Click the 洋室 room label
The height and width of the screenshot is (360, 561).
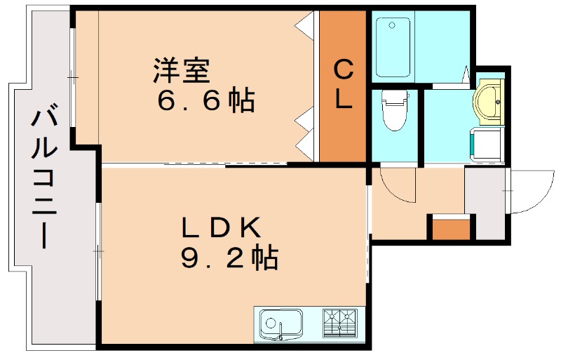182,70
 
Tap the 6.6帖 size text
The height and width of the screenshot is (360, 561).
205,100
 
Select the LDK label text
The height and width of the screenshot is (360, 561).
221,227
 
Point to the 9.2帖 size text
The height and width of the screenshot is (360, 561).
229,257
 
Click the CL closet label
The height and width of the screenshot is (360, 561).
344,84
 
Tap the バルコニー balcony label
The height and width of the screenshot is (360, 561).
45,175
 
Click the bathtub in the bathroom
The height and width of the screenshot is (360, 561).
393,47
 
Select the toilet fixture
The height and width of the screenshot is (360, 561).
395,110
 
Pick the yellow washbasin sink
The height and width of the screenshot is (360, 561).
488,101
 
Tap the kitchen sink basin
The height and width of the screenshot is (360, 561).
281,324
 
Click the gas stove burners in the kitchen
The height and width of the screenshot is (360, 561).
340,324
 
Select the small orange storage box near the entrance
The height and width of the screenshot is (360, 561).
451,229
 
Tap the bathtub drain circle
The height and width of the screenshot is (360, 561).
392,25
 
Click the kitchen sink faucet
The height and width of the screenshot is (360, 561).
281,331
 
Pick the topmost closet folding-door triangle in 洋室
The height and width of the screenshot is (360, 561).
304,27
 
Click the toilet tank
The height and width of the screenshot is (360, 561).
395,97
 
